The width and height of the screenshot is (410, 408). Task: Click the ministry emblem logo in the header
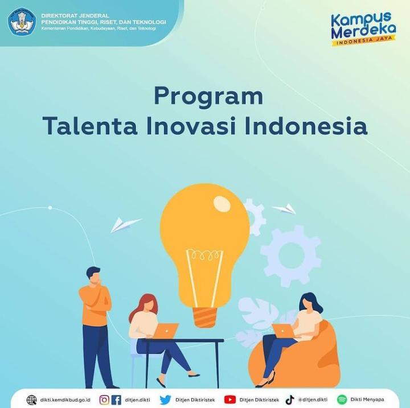tap(22, 22)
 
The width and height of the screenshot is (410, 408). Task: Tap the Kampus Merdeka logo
tap(363, 29)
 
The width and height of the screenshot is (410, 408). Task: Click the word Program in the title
tap(208, 96)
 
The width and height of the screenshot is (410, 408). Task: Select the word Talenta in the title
tap(90, 126)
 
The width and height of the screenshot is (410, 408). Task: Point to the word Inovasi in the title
tap(191, 126)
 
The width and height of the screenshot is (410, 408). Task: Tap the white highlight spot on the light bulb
tap(222, 203)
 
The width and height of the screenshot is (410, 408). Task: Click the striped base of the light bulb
tap(205, 317)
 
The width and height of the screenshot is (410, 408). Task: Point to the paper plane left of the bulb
tap(125, 225)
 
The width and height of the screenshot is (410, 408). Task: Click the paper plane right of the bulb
tap(285, 209)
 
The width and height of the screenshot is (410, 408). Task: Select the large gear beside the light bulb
tap(290, 255)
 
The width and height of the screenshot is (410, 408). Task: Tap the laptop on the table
tap(166, 331)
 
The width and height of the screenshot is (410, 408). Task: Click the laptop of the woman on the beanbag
tap(283, 331)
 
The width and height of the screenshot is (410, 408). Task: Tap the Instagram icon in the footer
tap(104, 399)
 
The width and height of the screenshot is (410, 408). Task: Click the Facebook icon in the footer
tap(116, 399)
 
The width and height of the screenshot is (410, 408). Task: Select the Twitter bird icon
tap(165, 399)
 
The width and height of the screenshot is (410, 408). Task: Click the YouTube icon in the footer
tap(230, 399)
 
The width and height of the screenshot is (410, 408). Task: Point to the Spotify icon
tap(342, 399)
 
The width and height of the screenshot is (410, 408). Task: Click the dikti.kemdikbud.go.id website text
tap(65, 400)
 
